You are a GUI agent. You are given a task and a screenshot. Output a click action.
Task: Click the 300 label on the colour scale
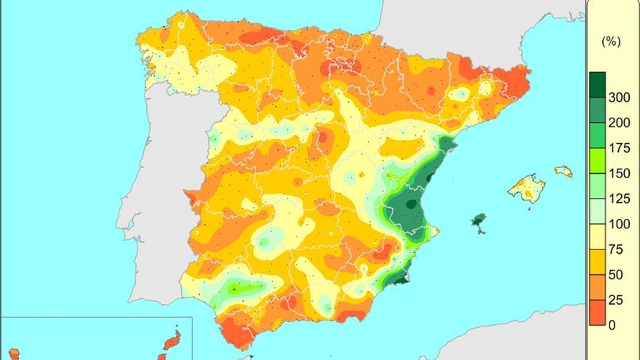(x=619, y=97)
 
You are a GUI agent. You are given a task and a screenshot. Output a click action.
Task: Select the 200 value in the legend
(x=619, y=122)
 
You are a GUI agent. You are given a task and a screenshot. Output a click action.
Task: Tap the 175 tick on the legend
(x=619, y=148)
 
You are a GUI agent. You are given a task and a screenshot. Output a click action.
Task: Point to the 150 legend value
(x=619, y=173)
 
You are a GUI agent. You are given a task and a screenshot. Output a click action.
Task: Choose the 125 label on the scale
(x=619, y=199)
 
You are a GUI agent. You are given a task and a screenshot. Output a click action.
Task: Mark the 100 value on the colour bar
(x=619, y=224)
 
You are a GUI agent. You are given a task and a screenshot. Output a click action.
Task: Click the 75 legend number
(x=615, y=249)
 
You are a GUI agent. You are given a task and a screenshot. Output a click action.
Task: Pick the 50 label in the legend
(x=615, y=275)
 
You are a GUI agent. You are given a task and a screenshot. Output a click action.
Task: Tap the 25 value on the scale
(x=615, y=300)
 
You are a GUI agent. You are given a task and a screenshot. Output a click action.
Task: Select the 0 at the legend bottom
(x=612, y=325)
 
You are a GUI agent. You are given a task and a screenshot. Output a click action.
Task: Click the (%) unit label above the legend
(x=611, y=42)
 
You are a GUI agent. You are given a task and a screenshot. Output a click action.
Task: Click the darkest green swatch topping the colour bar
(x=597, y=84)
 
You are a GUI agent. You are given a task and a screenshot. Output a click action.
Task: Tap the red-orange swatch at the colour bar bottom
(x=597, y=313)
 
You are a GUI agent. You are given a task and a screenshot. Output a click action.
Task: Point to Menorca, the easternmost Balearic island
(x=564, y=172)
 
